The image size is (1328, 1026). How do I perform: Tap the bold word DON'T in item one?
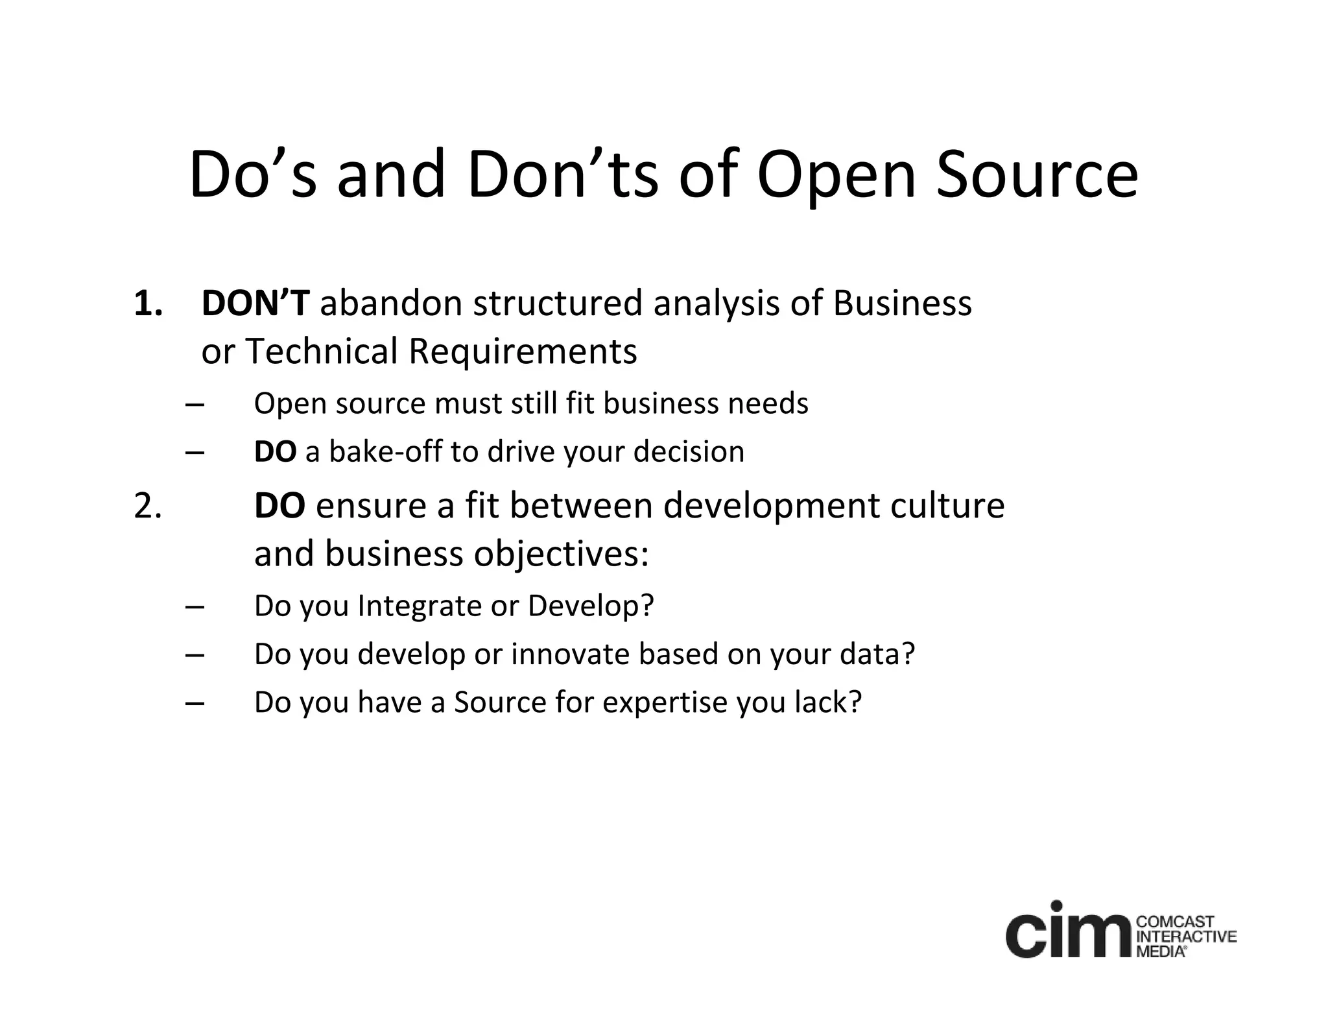pos(255,304)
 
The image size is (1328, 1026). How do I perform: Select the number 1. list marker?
pos(148,304)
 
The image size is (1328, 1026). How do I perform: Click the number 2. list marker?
pos(148,507)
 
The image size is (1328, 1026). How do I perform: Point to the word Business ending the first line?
pos(902,304)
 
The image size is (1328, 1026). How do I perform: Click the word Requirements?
pos(523,352)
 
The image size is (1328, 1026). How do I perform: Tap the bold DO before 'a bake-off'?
pos(275,452)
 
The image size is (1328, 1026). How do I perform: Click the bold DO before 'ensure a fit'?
pos(279,506)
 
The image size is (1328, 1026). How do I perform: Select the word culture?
pos(947,506)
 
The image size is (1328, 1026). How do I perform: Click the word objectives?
pos(561,555)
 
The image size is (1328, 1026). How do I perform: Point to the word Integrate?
pos(420,606)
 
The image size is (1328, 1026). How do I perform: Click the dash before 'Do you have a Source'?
pos(195,703)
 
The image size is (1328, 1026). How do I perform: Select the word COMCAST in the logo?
pos(1176,922)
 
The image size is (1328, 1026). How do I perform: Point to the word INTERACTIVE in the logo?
pos(1187,937)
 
